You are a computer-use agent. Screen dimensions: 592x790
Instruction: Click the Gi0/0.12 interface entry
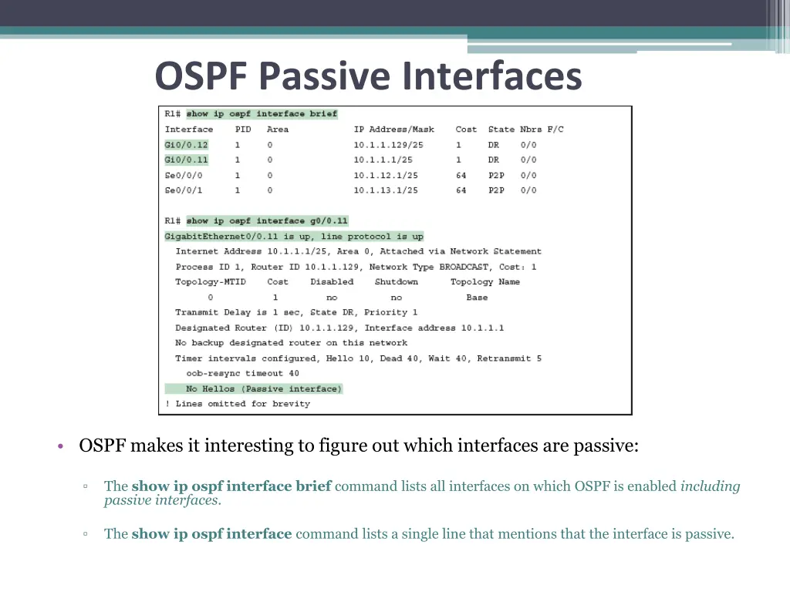point(186,145)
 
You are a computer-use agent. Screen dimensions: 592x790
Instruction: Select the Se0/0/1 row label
point(183,190)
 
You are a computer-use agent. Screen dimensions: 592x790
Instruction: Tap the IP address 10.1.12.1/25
point(386,175)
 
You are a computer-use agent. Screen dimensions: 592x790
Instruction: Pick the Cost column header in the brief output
point(466,129)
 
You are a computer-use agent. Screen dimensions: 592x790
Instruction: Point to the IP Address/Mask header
point(393,129)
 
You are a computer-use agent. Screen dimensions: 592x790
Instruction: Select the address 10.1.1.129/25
point(388,145)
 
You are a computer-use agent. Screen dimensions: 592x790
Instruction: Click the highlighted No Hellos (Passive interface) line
point(263,388)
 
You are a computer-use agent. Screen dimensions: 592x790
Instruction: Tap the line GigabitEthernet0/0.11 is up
point(293,237)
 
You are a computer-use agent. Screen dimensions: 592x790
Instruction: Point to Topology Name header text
point(485,282)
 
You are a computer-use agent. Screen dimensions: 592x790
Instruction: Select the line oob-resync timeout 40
point(242,374)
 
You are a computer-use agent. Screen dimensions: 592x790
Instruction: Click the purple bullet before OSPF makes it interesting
point(60,447)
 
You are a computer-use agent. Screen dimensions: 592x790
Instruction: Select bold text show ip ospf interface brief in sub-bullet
point(231,486)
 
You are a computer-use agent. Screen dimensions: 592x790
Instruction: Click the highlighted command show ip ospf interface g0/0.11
point(267,221)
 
